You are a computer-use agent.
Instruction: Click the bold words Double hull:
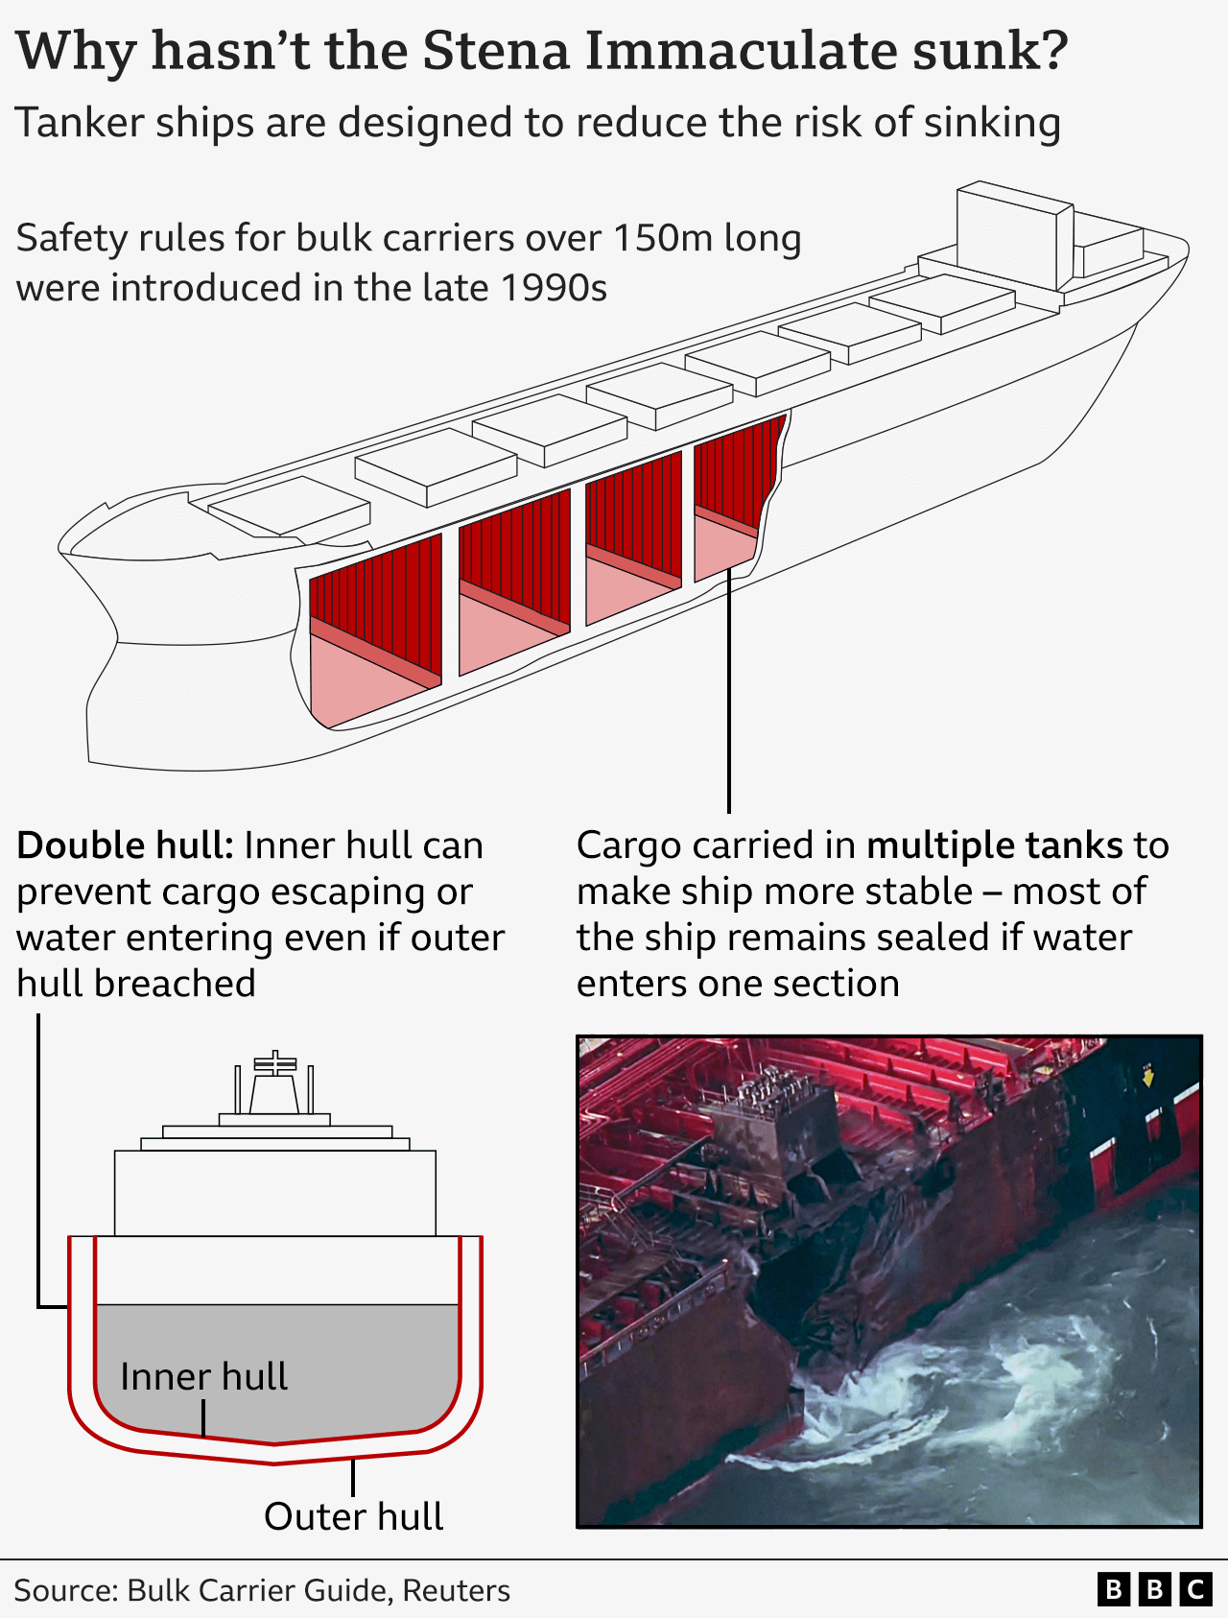[x=125, y=845]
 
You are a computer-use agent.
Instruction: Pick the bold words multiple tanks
[x=994, y=845]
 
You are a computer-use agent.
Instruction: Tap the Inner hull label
[x=203, y=1376]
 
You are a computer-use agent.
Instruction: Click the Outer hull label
[x=353, y=1516]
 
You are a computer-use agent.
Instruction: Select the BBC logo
[x=1154, y=1590]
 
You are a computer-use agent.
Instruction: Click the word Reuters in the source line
[x=456, y=1590]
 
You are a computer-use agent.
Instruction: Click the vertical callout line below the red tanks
[x=729, y=691]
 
